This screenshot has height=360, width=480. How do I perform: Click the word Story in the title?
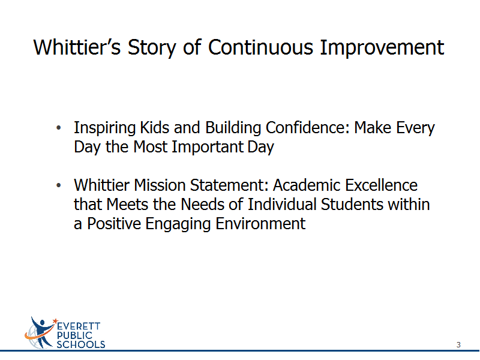click(152, 48)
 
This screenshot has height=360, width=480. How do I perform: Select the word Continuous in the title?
click(261, 47)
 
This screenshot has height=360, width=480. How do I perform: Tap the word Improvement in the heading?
click(382, 48)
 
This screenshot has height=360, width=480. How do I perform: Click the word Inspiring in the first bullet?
click(104, 128)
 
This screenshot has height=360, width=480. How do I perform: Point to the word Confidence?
click(307, 127)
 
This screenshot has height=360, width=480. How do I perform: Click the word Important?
click(207, 147)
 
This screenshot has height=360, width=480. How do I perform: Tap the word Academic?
click(307, 185)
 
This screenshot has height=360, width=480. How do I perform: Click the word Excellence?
click(382, 185)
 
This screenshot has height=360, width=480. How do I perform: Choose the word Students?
click(352, 204)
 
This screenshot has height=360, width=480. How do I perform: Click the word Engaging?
click(178, 224)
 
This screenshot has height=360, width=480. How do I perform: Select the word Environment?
click(260, 223)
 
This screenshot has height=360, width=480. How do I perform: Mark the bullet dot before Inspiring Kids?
click(59, 128)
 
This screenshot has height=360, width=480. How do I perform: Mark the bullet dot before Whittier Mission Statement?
click(59, 185)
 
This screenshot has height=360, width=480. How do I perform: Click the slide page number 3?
click(458, 344)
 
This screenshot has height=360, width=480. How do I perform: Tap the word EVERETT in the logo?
click(79, 326)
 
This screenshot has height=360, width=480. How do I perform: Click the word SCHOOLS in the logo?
click(81, 344)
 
